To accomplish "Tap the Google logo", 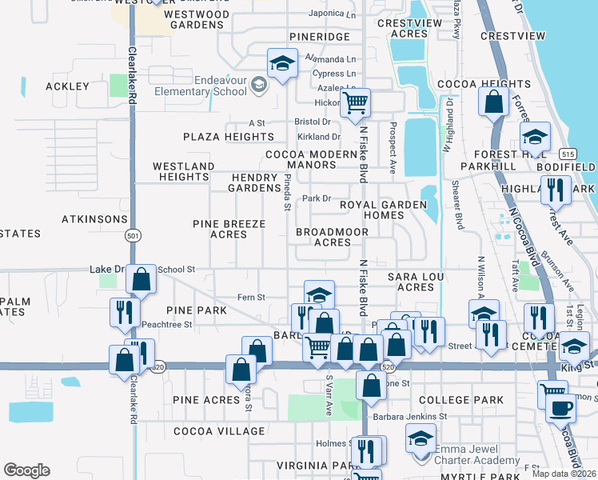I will point(26,470).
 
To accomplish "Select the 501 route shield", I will point(132,235).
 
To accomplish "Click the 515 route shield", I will point(568,153).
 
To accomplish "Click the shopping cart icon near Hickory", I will point(354,102).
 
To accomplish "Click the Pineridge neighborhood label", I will point(320,38).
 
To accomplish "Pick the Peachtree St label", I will point(166,324).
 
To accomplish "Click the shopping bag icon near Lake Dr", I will point(141,280).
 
